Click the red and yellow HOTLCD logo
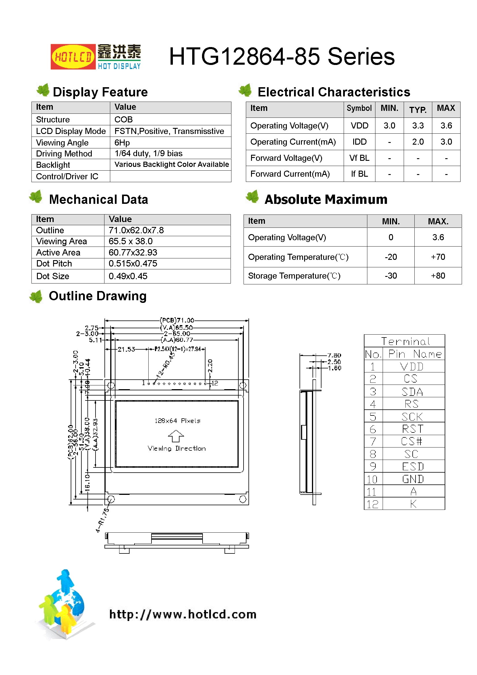click(73, 57)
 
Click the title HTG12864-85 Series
click(282, 57)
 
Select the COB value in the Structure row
click(124, 120)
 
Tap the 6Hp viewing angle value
click(122, 143)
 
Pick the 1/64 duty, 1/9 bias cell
click(148, 154)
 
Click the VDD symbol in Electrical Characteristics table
click(359, 126)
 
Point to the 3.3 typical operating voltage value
click(418, 126)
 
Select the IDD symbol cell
click(359, 142)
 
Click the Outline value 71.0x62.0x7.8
click(136, 230)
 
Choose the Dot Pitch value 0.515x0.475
click(133, 263)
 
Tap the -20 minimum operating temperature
click(391, 257)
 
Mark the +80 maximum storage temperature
click(438, 276)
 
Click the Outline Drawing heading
click(98, 296)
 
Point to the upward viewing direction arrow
click(176, 436)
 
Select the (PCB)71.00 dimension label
click(177, 320)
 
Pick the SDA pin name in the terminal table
click(412, 392)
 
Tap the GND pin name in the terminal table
click(413, 480)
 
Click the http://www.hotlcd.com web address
click(183, 614)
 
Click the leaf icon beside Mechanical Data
click(36, 197)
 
